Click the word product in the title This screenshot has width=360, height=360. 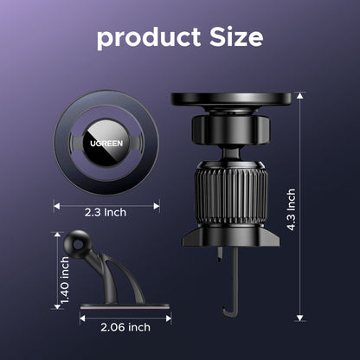click(149, 38)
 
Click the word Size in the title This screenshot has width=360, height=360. click(236, 37)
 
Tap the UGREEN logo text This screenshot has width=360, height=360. click(106, 144)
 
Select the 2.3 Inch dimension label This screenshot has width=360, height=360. click(106, 213)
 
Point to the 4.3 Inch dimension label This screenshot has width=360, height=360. click(291, 209)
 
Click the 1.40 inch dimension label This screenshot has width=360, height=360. click(65, 280)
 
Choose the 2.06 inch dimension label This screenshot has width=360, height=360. click(125, 327)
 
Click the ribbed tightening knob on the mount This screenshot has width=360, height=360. click(231, 194)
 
